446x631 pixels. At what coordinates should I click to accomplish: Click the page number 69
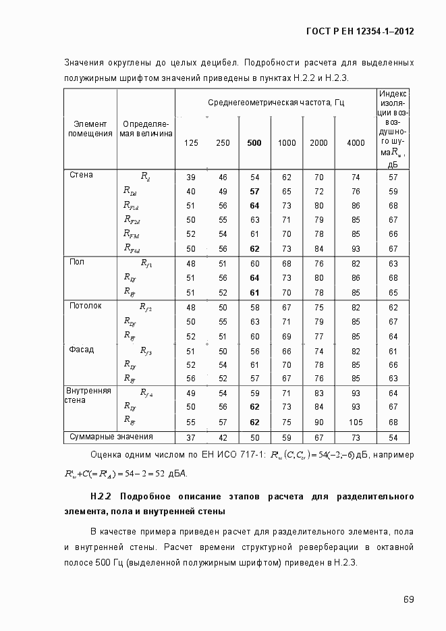click(x=409, y=599)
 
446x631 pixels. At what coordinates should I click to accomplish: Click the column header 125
click(x=191, y=143)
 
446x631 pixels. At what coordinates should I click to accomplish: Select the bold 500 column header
click(x=254, y=143)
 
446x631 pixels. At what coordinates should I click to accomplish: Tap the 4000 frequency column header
click(x=356, y=143)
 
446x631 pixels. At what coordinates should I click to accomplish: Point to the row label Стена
click(x=81, y=175)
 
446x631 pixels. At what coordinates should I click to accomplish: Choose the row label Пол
click(x=77, y=263)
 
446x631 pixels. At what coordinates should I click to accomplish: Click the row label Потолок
click(x=85, y=306)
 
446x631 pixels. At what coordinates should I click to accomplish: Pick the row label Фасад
click(x=82, y=350)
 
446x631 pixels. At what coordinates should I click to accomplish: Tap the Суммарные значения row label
click(x=111, y=437)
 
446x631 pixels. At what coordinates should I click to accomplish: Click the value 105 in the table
click(x=356, y=422)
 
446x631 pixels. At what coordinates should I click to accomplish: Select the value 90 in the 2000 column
click(x=318, y=422)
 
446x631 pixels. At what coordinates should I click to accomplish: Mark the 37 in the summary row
click(x=191, y=437)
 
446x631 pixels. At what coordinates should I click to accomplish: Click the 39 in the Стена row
click(x=191, y=177)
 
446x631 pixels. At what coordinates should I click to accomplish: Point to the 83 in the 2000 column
click(x=318, y=393)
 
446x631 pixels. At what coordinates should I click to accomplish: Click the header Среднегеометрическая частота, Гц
click(x=275, y=102)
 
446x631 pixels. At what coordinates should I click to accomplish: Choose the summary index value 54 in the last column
click(x=393, y=437)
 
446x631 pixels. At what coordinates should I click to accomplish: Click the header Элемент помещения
click(x=90, y=128)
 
